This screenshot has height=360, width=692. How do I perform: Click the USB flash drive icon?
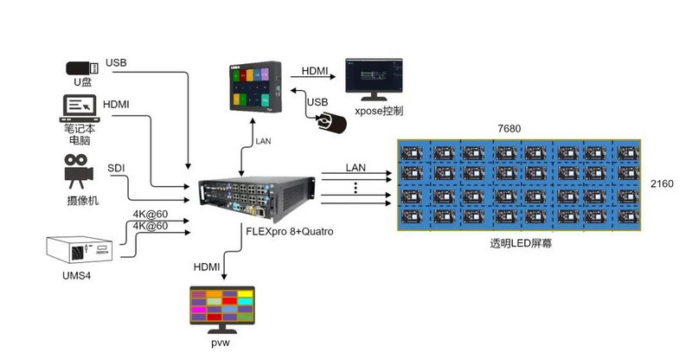point(82,67)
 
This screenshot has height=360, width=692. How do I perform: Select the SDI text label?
point(117,168)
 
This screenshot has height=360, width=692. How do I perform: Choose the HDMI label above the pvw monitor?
point(208,267)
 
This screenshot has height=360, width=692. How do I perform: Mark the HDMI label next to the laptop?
point(117,105)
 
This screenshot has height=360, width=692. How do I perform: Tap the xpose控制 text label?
point(379,112)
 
